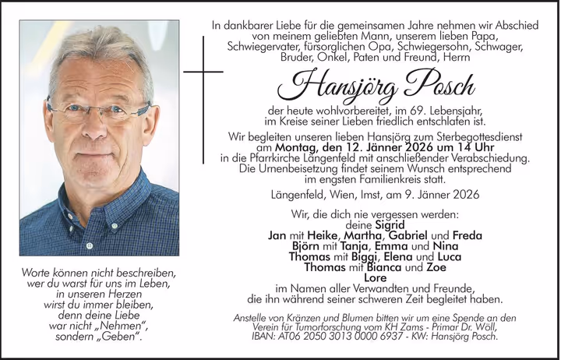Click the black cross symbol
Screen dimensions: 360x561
point(202,73)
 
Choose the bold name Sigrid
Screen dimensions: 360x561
point(389,224)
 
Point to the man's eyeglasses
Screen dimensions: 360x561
point(97,108)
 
